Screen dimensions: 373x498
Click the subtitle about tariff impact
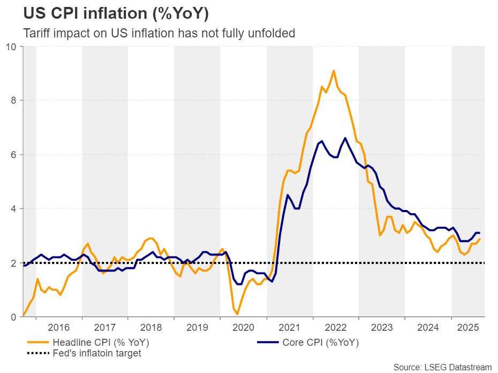[x=159, y=33]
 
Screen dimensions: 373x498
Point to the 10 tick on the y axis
[x=12, y=46]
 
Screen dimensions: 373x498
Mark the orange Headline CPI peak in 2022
[x=334, y=71]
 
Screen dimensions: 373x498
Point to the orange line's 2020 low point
[x=238, y=314]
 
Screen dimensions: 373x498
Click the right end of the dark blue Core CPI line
[x=479, y=233]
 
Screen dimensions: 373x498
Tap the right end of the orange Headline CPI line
[x=479, y=239]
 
